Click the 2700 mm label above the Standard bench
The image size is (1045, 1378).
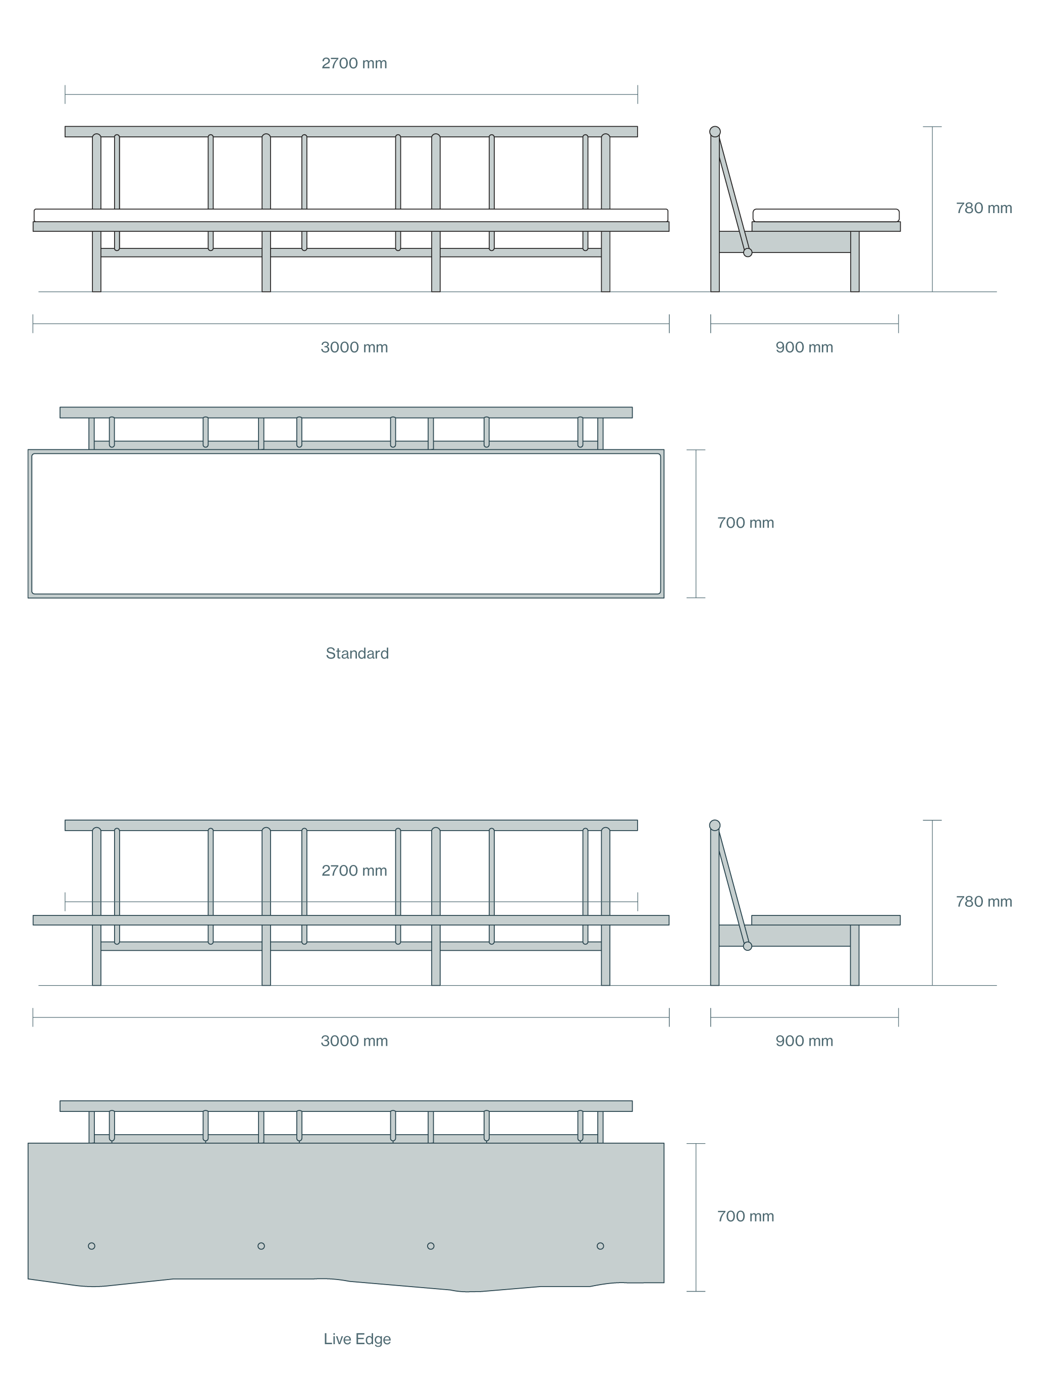click(354, 64)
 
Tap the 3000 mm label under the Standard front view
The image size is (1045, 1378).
click(354, 347)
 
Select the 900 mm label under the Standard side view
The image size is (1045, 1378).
click(804, 347)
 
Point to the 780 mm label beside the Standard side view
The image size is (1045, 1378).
click(983, 208)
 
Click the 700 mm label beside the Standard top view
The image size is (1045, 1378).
click(746, 523)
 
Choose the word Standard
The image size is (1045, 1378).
click(357, 653)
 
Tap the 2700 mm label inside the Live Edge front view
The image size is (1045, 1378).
click(354, 871)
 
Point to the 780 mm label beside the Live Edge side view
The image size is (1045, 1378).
click(983, 901)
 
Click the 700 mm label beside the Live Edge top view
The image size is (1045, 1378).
click(746, 1216)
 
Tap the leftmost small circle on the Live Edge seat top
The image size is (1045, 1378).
click(91, 1246)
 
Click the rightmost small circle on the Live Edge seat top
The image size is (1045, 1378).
click(600, 1246)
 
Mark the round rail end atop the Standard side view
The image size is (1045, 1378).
click(715, 131)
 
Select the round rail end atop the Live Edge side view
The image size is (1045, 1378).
click(715, 826)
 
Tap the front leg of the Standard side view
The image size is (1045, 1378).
click(855, 262)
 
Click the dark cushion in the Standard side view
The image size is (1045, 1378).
click(826, 216)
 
